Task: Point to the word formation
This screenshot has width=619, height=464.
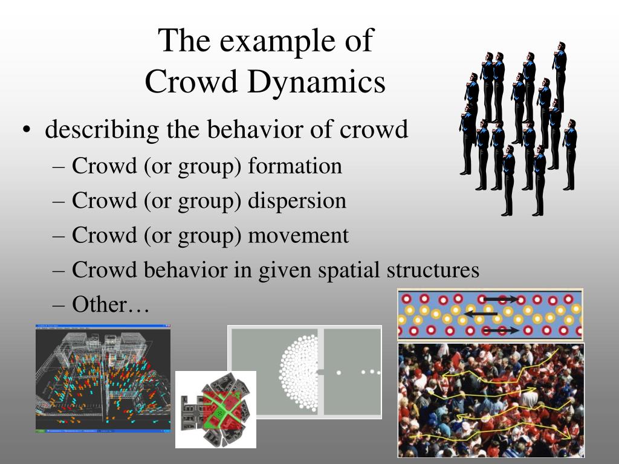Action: pyautogui.click(x=295, y=166)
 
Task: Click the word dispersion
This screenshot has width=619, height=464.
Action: pyautogui.click(x=297, y=200)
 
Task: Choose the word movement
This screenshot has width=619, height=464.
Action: pyautogui.click(x=299, y=235)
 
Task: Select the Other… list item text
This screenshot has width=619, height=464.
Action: pyautogui.click(x=111, y=304)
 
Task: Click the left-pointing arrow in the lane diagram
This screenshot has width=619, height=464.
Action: pyautogui.click(x=481, y=314)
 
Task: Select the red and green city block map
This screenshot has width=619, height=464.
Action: pyautogui.click(x=216, y=409)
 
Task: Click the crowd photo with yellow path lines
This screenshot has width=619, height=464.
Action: pyautogui.click(x=491, y=400)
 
